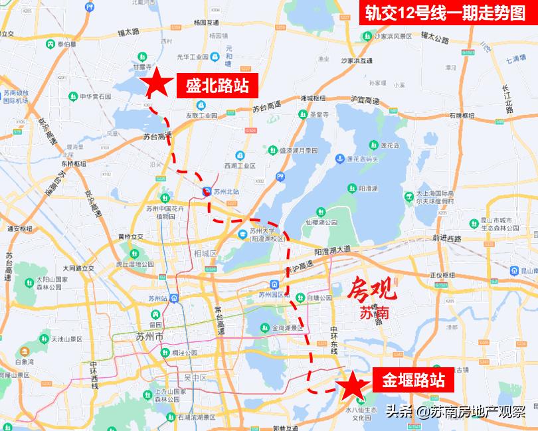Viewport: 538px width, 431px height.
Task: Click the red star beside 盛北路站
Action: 157,83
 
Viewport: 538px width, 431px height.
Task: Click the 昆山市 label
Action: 529,270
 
